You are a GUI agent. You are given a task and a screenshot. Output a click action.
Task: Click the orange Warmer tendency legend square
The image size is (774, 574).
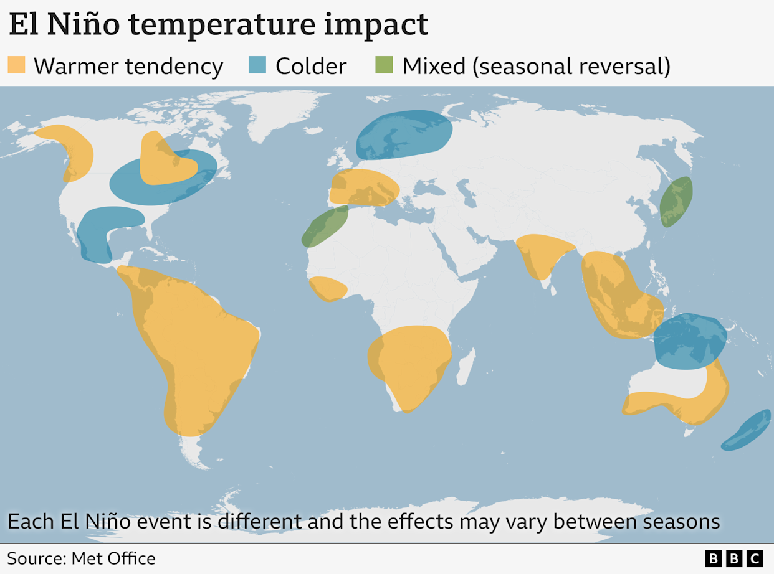click(16, 65)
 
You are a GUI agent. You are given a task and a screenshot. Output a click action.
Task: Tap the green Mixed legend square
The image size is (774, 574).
click(384, 65)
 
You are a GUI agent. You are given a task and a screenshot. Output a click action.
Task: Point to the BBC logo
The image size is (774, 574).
click(733, 558)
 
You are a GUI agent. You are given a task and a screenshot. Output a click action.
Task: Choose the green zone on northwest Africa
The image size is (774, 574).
click(325, 225)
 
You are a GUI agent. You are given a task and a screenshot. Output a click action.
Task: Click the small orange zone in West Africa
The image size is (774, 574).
click(328, 289)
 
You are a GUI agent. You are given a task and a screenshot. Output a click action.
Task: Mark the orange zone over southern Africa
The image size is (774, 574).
click(408, 364)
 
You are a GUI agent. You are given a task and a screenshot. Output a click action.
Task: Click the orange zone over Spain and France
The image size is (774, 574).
click(363, 187)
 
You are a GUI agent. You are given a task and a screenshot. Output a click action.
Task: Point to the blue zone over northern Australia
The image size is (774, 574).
click(690, 341)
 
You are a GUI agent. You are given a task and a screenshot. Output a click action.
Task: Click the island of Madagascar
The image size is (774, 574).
click(466, 367)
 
